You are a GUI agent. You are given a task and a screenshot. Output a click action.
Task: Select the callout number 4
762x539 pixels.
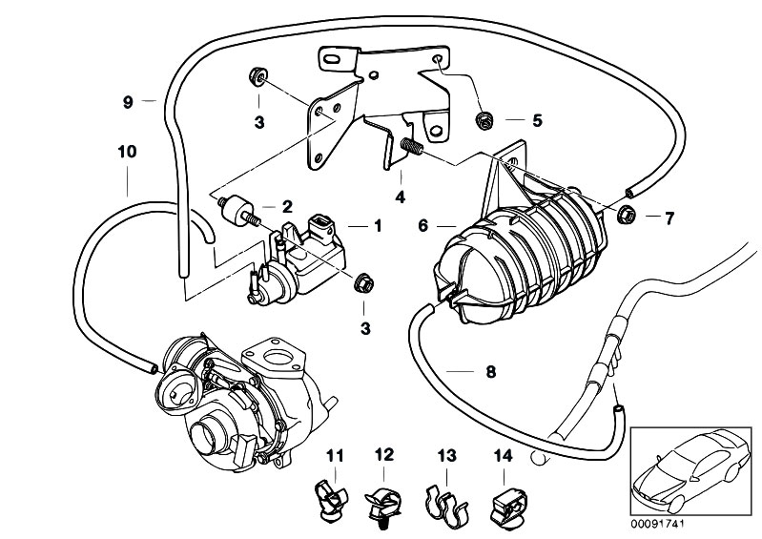(x=401, y=198)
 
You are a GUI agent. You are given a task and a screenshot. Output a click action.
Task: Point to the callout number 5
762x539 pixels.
(x=537, y=121)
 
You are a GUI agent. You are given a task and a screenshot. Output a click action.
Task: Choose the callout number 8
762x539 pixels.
(x=491, y=373)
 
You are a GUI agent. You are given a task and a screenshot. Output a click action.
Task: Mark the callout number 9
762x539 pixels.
(x=127, y=100)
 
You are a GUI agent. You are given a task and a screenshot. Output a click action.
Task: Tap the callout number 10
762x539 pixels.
(x=127, y=151)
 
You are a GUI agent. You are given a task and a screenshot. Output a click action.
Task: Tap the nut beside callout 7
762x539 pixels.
(x=628, y=214)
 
